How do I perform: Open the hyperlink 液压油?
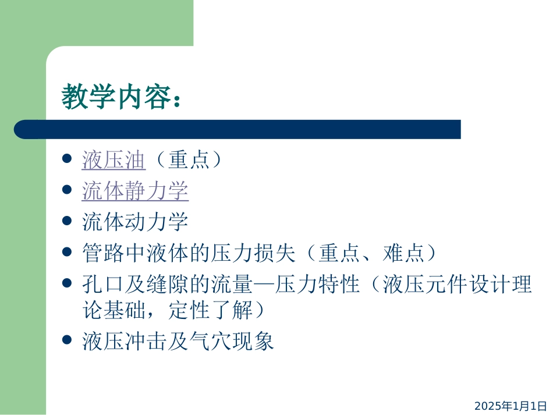pyautogui.click(x=114, y=160)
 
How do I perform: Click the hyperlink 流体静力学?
pyautogui.click(x=135, y=191)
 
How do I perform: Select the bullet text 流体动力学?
pyautogui.click(x=135, y=222)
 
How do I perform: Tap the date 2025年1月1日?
pyautogui.click(x=511, y=406)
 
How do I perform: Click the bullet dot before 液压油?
pyautogui.click(x=67, y=159)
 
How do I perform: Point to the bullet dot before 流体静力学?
pyautogui.click(x=67, y=190)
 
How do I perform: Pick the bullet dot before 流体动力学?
pyautogui.click(x=67, y=221)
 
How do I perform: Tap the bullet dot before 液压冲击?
pyautogui.click(x=67, y=339)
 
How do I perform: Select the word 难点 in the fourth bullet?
pyautogui.click(x=405, y=253)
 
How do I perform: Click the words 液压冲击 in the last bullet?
pyautogui.click(x=114, y=341)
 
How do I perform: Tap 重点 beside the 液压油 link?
pyautogui.click(x=189, y=160)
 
